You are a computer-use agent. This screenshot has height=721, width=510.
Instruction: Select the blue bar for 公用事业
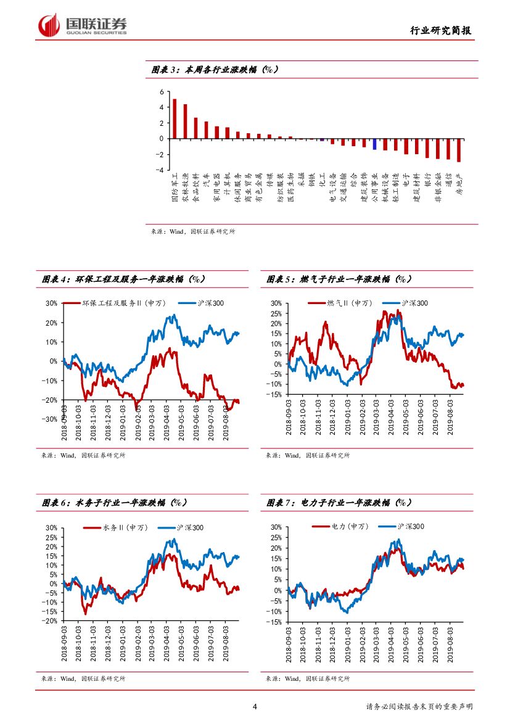click(374, 144)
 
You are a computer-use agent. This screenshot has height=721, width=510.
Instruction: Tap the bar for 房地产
click(459, 150)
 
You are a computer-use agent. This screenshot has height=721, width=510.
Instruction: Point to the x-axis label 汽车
click(206, 179)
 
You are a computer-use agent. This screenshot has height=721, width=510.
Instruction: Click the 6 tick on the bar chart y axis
click(162, 92)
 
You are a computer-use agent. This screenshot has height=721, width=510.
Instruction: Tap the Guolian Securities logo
click(83, 25)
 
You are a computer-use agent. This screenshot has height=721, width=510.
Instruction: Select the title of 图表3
click(215, 70)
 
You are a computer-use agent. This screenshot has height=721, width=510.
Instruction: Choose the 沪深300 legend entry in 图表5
click(407, 303)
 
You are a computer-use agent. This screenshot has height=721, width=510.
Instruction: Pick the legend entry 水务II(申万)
click(118, 527)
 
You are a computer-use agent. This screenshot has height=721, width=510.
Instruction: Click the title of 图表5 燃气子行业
click(339, 279)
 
